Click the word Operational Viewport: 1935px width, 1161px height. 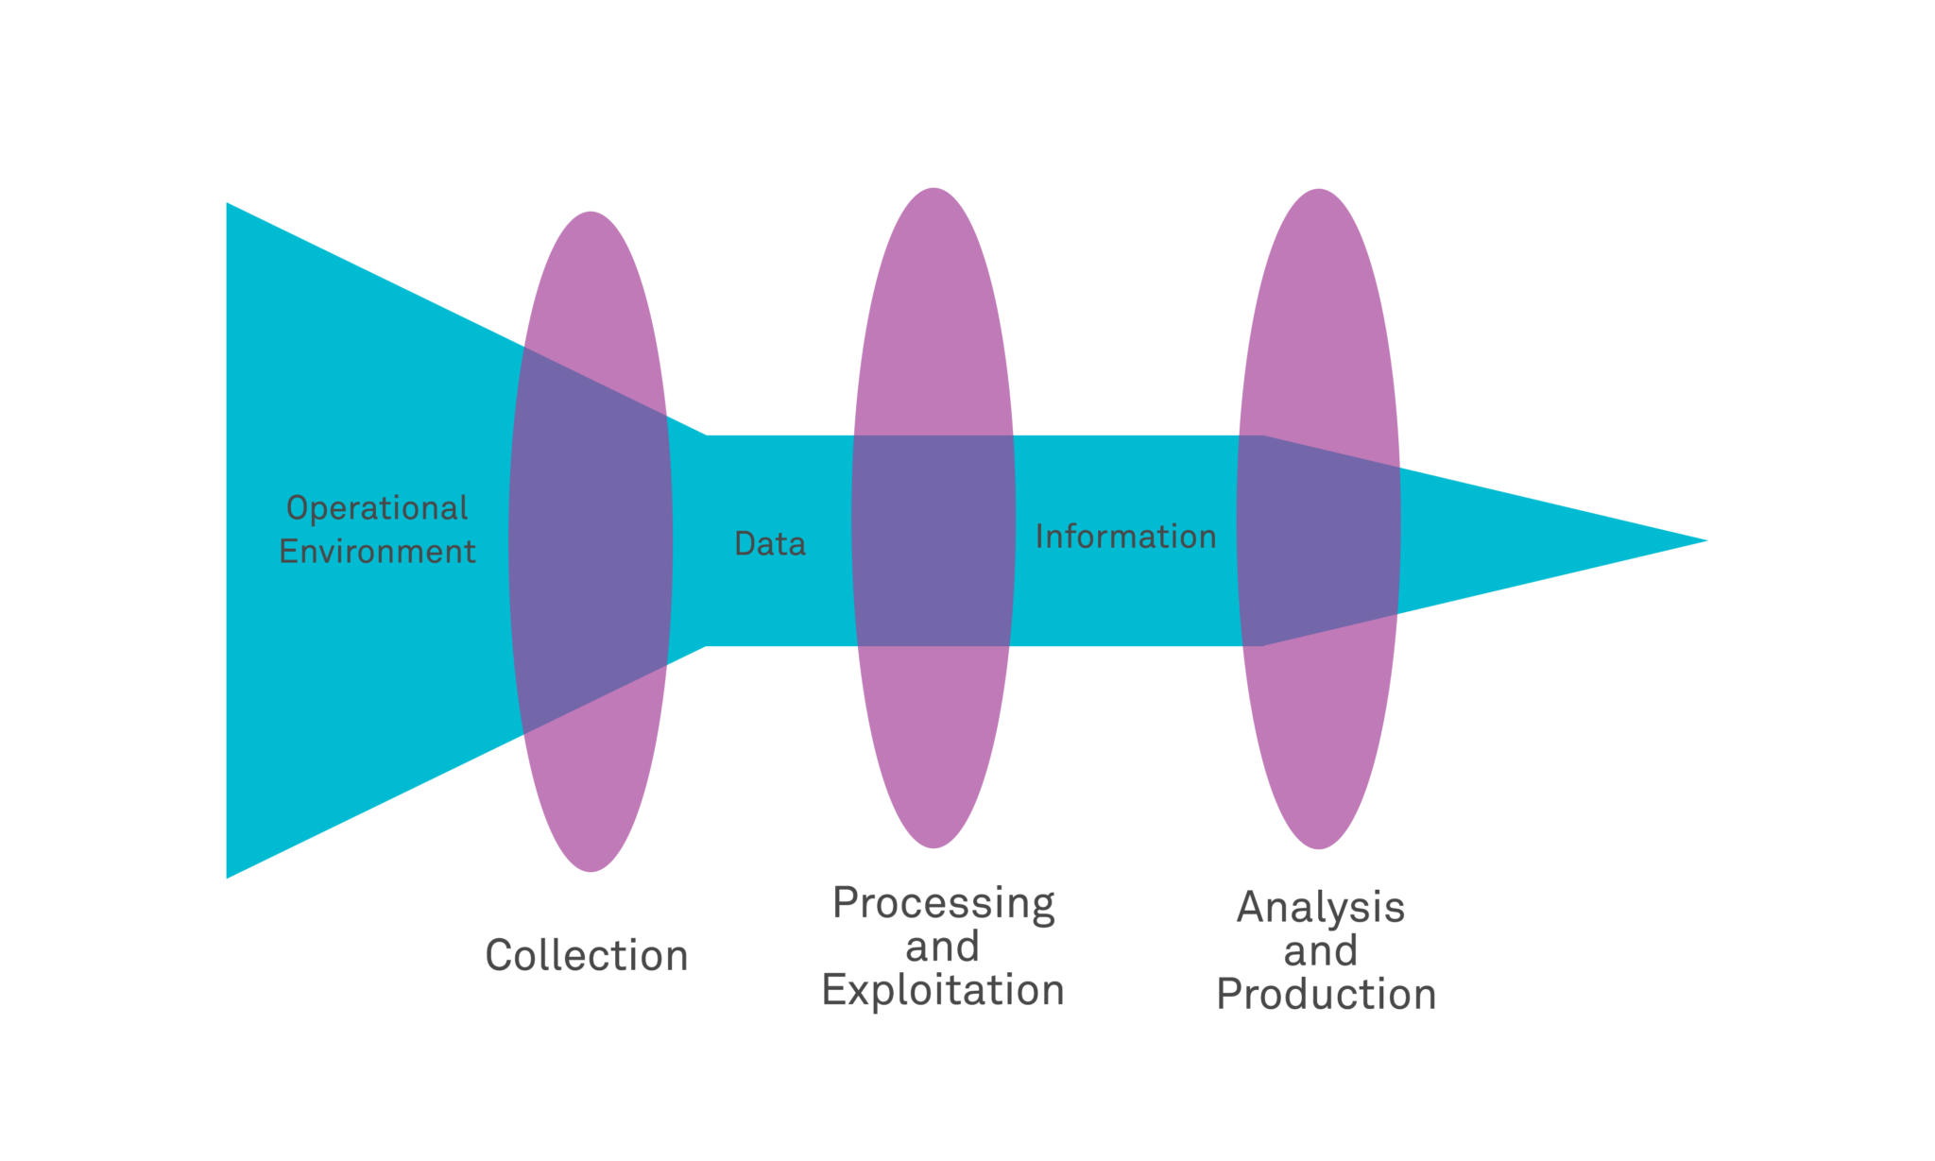tap(377, 508)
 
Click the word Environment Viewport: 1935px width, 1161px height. tap(377, 552)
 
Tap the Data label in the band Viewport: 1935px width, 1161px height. tap(770, 544)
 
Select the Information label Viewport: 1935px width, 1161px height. tap(1125, 537)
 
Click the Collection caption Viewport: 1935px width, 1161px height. tap(587, 956)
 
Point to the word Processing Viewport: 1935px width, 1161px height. tap(943, 904)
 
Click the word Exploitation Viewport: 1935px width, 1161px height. tap(943, 990)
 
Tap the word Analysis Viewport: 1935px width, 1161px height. tap(1321, 908)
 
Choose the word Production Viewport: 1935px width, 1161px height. tap(1326, 995)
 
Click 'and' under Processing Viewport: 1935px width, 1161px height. tap(942, 948)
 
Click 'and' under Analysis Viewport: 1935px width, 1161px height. tap(1321, 951)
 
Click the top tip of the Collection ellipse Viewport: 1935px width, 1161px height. tap(591, 214)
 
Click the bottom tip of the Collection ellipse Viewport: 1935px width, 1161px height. tap(591, 868)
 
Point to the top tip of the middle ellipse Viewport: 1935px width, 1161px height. tap(933, 191)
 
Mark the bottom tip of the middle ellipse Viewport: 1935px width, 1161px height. tap(933, 845)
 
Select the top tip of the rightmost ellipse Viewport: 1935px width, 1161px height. tap(1318, 192)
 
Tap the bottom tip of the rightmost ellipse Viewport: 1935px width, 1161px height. tap(1318, 845)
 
